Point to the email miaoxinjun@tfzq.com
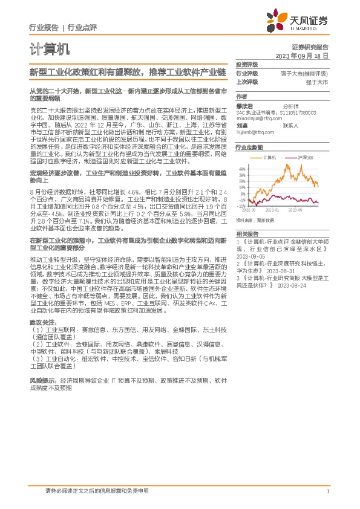(x=256, y=118)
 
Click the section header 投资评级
(x=246, y=65)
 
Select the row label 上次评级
(x=246, y=81)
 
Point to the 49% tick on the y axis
(x=242, y=169)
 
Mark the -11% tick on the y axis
(x=241, y=206)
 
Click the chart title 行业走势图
(x=249, y=148)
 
